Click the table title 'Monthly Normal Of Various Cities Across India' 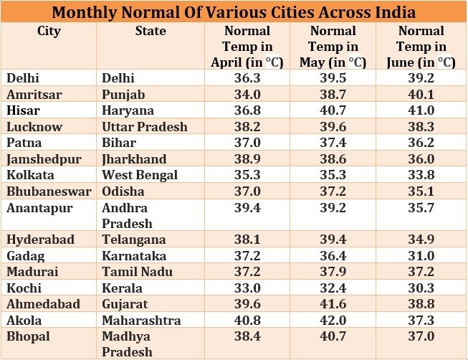[x=234, y=13]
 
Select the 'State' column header [x=151, y=32]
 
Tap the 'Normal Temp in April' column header [x=247, y=47]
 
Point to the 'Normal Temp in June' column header [x=421, y=47]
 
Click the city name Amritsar [x=33, y=95]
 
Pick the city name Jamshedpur [x=44, y=159]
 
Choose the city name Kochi [x=24, y=288]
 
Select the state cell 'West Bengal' [x=137, y=175]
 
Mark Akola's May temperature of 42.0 [x=333, y=320]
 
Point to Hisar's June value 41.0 [x=421, y=110]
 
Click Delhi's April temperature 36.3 [x=247, y=78]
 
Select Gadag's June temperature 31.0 [x=421, y=255]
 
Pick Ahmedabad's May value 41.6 [x=333, y=303]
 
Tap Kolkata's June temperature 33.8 [x=421, y=175]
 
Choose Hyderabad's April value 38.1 [x=247, y=240]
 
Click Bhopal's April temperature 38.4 [x=247, y=336]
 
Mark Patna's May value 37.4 [x=333, y=143]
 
